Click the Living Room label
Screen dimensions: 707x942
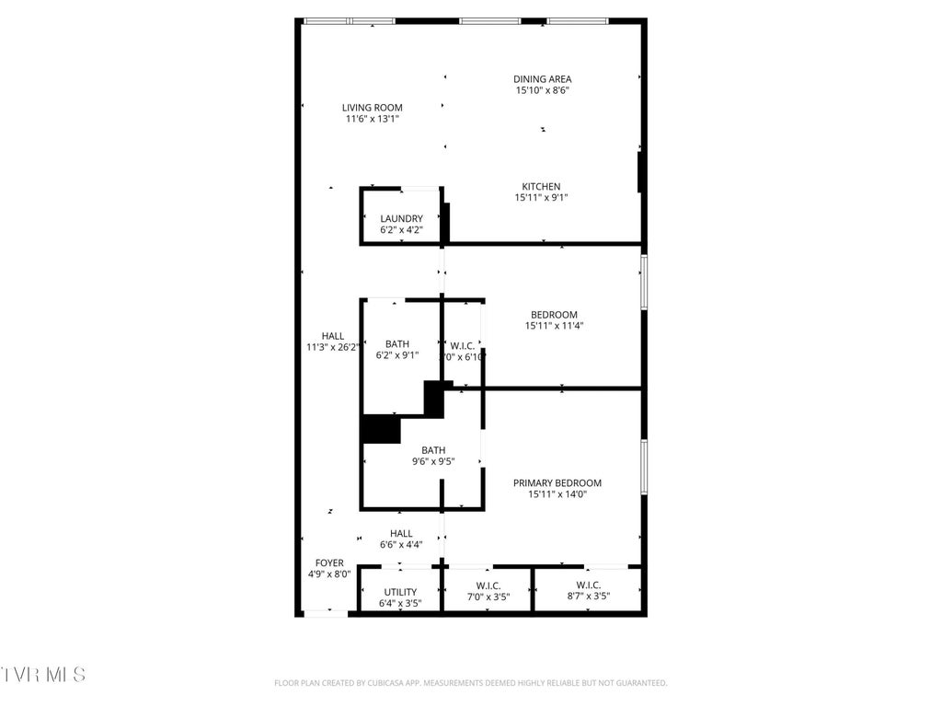(373, 108)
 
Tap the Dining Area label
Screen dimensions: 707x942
(542, 79)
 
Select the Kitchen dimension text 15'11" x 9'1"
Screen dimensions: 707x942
(542, 198)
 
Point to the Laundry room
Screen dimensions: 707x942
(401, 224)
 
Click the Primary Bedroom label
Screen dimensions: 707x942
(557, 483)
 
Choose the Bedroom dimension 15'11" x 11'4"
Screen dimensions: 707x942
(555, 326)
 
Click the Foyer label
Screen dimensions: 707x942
(329, 563)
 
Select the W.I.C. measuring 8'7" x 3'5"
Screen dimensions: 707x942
(588, 591)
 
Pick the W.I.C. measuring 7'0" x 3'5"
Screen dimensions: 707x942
(488, 591)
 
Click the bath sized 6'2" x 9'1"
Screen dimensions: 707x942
(397, 349)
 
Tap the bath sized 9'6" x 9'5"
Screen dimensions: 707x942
(433, 456)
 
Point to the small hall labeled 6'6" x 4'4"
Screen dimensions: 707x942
(401, 539)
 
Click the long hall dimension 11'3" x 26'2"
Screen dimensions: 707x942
(332, 348)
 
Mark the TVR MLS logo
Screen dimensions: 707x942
(43, 675)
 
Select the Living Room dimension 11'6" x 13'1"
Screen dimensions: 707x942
(373, 119)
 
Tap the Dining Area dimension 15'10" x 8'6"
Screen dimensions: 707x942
(542, 91)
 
